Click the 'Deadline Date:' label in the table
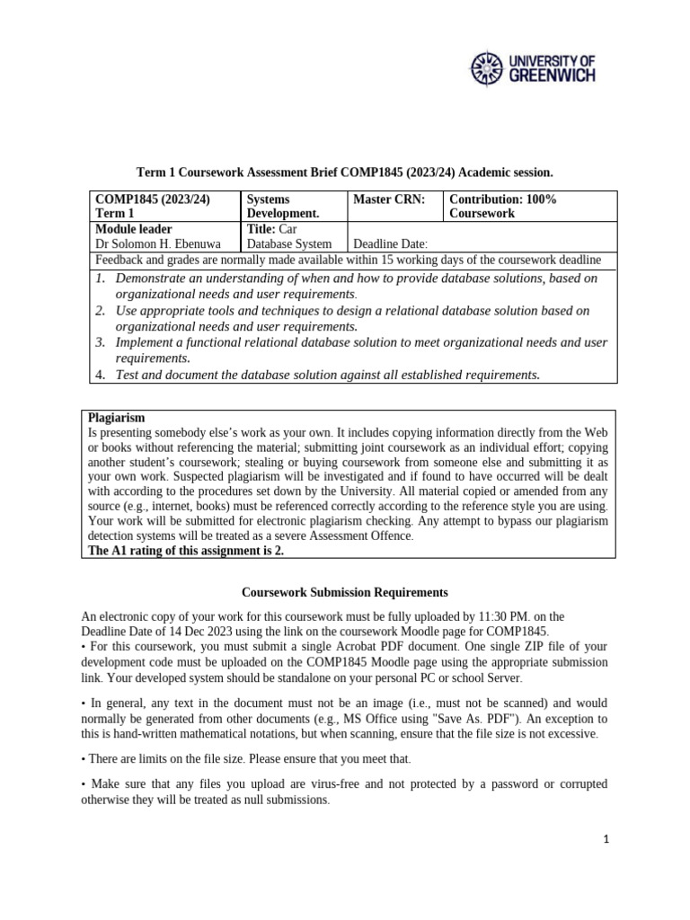391,243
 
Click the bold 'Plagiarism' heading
115,419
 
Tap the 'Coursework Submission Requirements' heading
345,593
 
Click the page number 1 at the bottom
606,839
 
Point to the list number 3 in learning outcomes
101,342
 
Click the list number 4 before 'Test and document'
101,375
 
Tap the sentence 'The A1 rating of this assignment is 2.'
185,551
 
